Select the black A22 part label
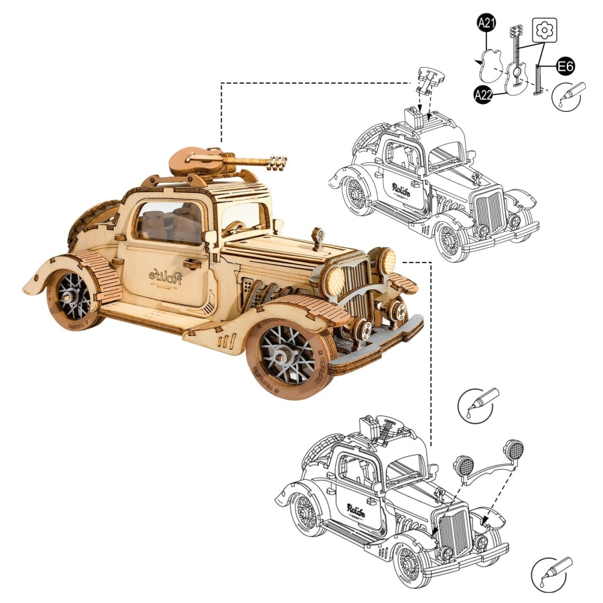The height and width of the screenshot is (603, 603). [484, 95]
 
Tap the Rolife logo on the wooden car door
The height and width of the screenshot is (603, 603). [163, 276]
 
